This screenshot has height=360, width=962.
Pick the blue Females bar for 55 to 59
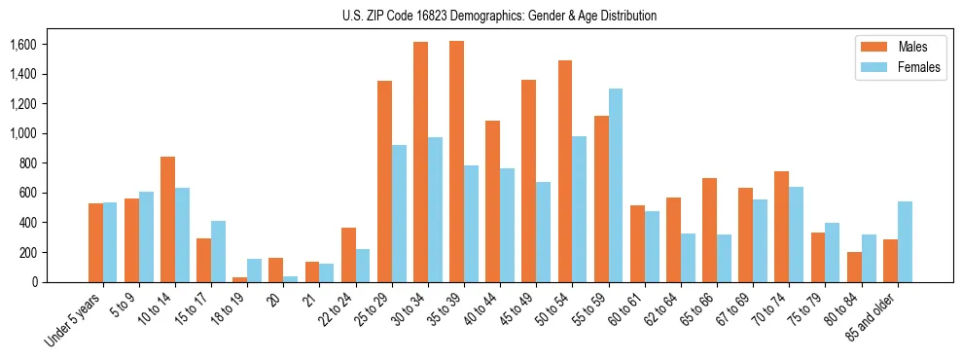(616, 185)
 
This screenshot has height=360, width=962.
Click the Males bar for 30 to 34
(420, 162)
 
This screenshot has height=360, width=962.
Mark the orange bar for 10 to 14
(168, 219)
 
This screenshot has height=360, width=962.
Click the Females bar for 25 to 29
(399, 213)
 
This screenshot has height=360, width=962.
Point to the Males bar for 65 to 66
(709, 230)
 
